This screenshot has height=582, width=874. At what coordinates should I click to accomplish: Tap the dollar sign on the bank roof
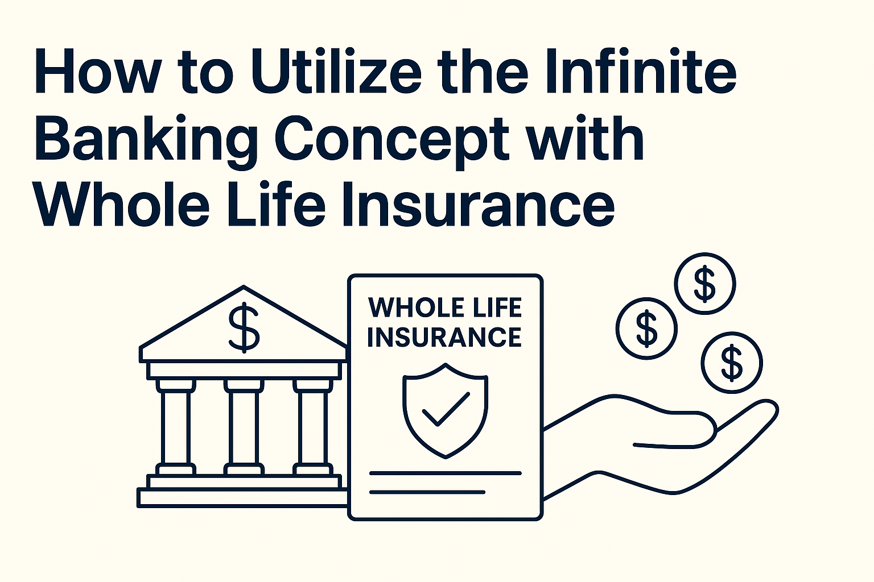click(x=244, y=327)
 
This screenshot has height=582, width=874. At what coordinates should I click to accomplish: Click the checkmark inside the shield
click(x=446, y=409)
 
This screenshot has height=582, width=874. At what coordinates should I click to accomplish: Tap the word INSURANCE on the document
click(x=444, y=337)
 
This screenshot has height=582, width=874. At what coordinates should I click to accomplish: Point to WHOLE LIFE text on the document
click(x=445, y=308)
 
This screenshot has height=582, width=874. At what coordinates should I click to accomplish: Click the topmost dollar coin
click(x=705, y=284)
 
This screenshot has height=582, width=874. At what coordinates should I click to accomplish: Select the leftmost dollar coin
click(x=646, y=329)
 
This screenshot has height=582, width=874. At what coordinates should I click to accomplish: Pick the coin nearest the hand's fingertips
click(x=732, y=363)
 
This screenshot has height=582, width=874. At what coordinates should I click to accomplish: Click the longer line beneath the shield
click(x=445, y=473)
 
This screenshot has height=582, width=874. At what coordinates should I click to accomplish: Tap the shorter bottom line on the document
click(x=427, y=492)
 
